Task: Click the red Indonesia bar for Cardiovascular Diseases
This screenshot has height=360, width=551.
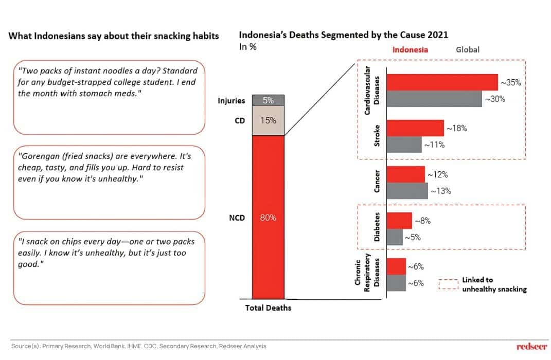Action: click(442, 82)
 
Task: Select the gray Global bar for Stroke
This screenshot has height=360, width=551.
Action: click(404, 145)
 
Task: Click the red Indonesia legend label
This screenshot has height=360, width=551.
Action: click(410, 50)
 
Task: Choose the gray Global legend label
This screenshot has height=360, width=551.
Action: click(468, 50)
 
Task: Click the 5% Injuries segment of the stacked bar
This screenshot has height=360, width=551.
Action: click(268, 101)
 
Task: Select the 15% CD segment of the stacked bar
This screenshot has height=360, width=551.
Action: click(268, 121)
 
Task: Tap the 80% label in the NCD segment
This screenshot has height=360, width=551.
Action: click(268, 218)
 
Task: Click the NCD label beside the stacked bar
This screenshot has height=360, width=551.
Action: click(236, 218)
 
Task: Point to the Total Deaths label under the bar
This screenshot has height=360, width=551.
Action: click(268, 308)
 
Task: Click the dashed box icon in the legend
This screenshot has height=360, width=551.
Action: click(448, 284)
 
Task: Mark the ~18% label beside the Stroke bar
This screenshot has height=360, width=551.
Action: click(456, 129)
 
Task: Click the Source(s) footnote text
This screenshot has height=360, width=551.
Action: click(139, 346)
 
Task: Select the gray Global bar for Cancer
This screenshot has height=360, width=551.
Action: click(407, 191)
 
